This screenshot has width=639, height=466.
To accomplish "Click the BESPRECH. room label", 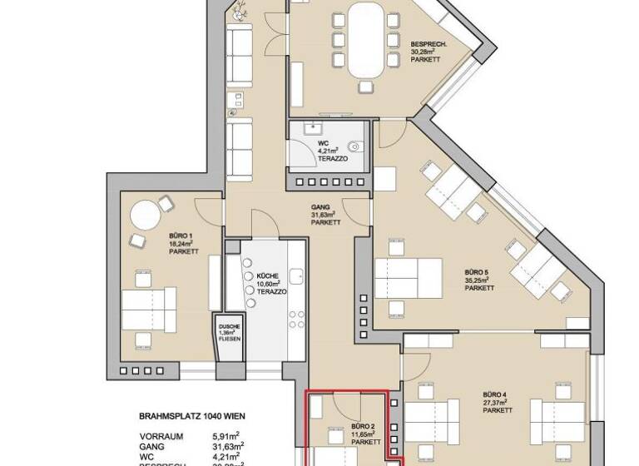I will coord(429,43).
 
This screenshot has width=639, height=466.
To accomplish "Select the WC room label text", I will coord(324,142).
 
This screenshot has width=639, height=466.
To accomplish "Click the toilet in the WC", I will coord(357,146).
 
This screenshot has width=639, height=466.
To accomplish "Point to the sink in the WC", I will coord(314,128).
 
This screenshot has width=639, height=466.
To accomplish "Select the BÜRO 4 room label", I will coord(498,394).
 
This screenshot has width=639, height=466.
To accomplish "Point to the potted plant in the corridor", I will coord(241,11).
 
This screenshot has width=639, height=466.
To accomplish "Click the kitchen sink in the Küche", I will coord(295,275).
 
